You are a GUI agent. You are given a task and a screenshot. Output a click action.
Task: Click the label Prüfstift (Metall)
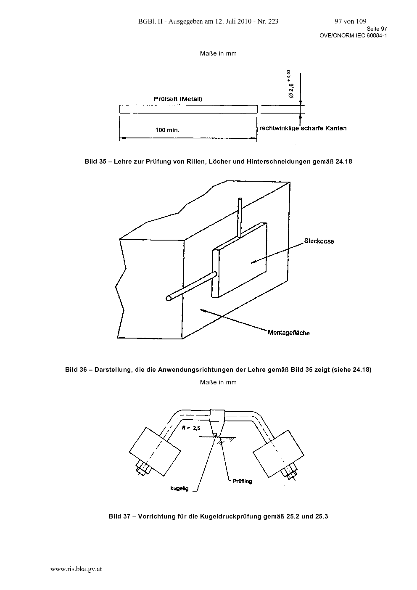tap(178, 99)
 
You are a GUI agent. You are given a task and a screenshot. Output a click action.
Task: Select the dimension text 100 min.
tap(167, 130)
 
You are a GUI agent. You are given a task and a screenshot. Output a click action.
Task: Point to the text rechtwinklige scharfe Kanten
tap(303, 128)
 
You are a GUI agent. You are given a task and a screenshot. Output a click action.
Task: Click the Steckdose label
tap(319, 241)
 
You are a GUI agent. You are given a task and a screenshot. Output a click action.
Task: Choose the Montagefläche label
tap(289, 333)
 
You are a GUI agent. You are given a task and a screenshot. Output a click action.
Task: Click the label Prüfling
tap(243, 481)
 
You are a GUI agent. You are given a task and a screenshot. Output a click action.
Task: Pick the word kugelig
tap(179, 489)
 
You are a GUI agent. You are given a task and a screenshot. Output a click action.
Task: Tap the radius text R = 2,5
tap(191, 428)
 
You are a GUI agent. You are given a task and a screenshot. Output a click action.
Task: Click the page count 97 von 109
tap(351, 21)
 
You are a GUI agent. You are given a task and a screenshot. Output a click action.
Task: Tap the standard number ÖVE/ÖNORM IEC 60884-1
tap(353, 36)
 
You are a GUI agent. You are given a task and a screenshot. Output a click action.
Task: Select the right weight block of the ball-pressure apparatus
tap(279, 454)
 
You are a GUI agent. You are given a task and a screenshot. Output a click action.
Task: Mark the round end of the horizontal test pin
tap(169, 298)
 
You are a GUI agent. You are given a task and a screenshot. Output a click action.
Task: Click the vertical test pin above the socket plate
tap(240, 217)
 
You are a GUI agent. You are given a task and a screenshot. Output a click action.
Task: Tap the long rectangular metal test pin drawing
tap(188, 109)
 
